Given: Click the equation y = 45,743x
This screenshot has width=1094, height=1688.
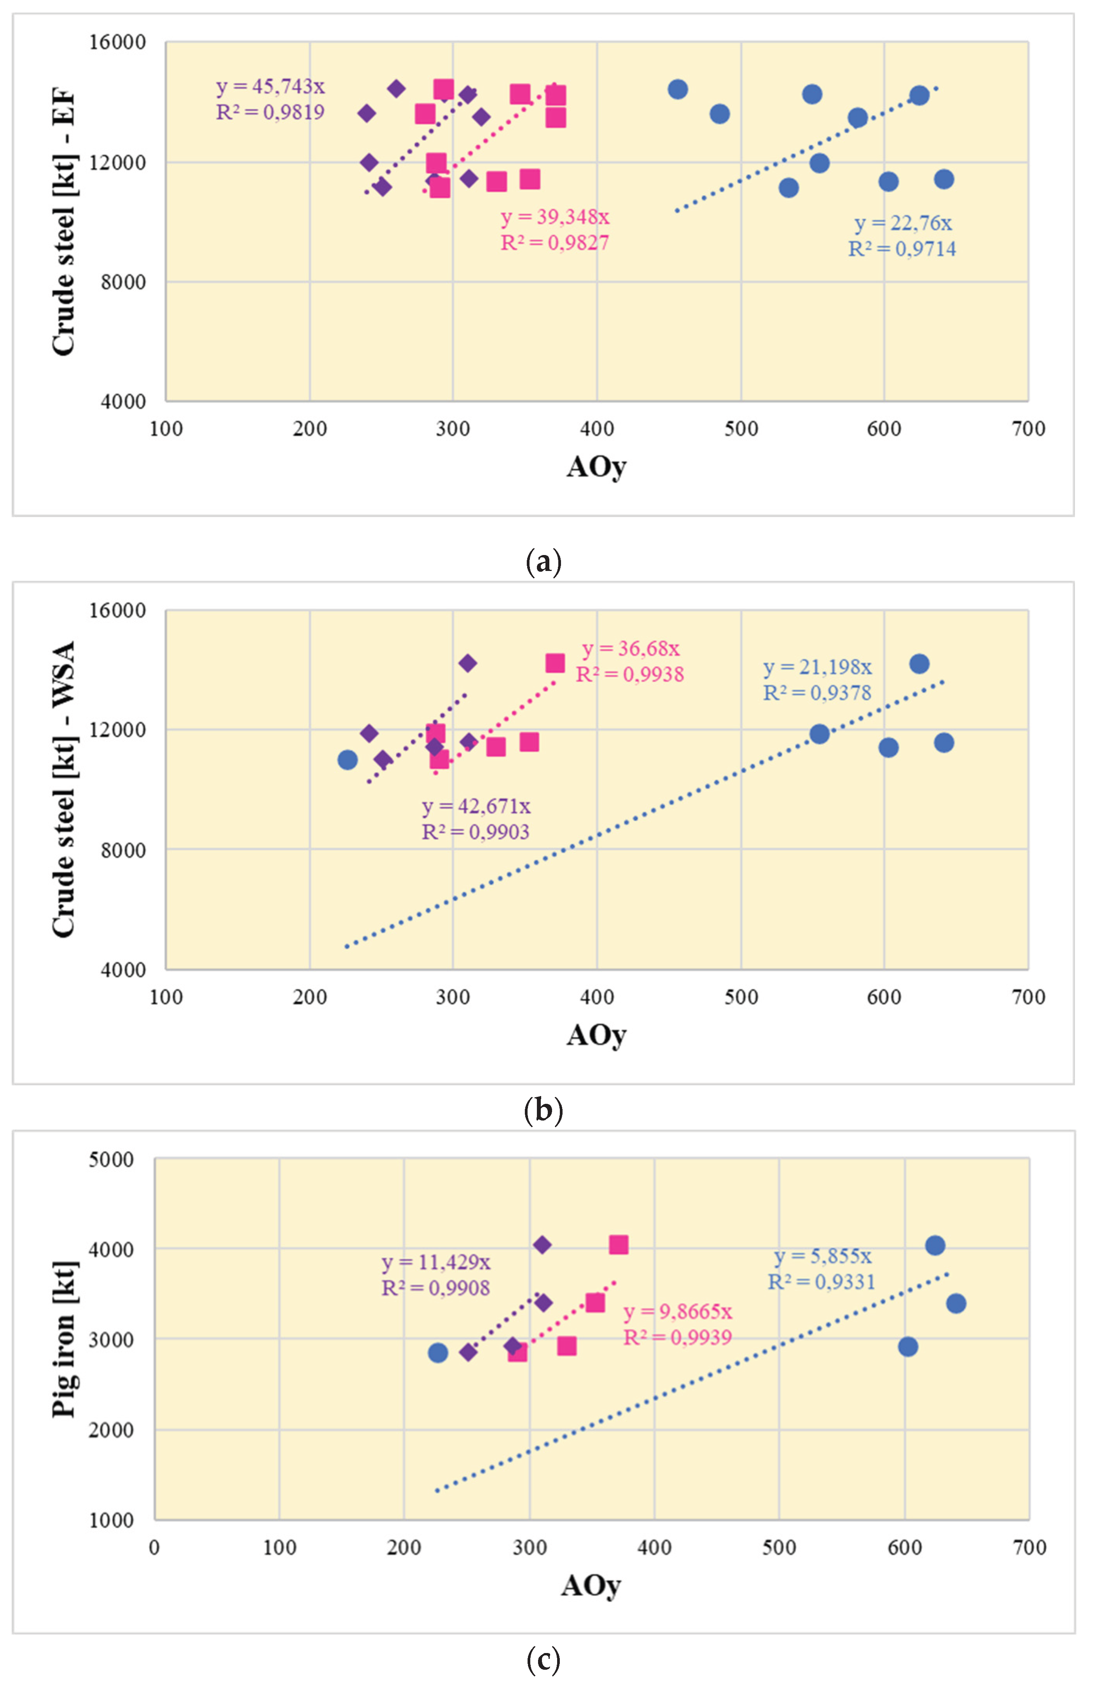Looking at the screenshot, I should pos(270,87).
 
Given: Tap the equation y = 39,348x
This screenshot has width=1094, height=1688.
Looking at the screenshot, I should pos(555,217).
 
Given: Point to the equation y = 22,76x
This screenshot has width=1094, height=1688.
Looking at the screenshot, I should pos(902,223).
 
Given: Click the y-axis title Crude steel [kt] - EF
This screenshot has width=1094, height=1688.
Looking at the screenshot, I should pos(64,221).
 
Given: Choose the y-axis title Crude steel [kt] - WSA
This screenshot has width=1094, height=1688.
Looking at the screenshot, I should pos(64,789).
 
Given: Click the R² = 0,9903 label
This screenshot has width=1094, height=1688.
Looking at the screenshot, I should pos(475,832).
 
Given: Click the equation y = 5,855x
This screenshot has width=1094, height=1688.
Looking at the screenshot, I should pos(822,1256).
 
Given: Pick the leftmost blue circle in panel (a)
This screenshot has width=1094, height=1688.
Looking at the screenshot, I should pos(678,89).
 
